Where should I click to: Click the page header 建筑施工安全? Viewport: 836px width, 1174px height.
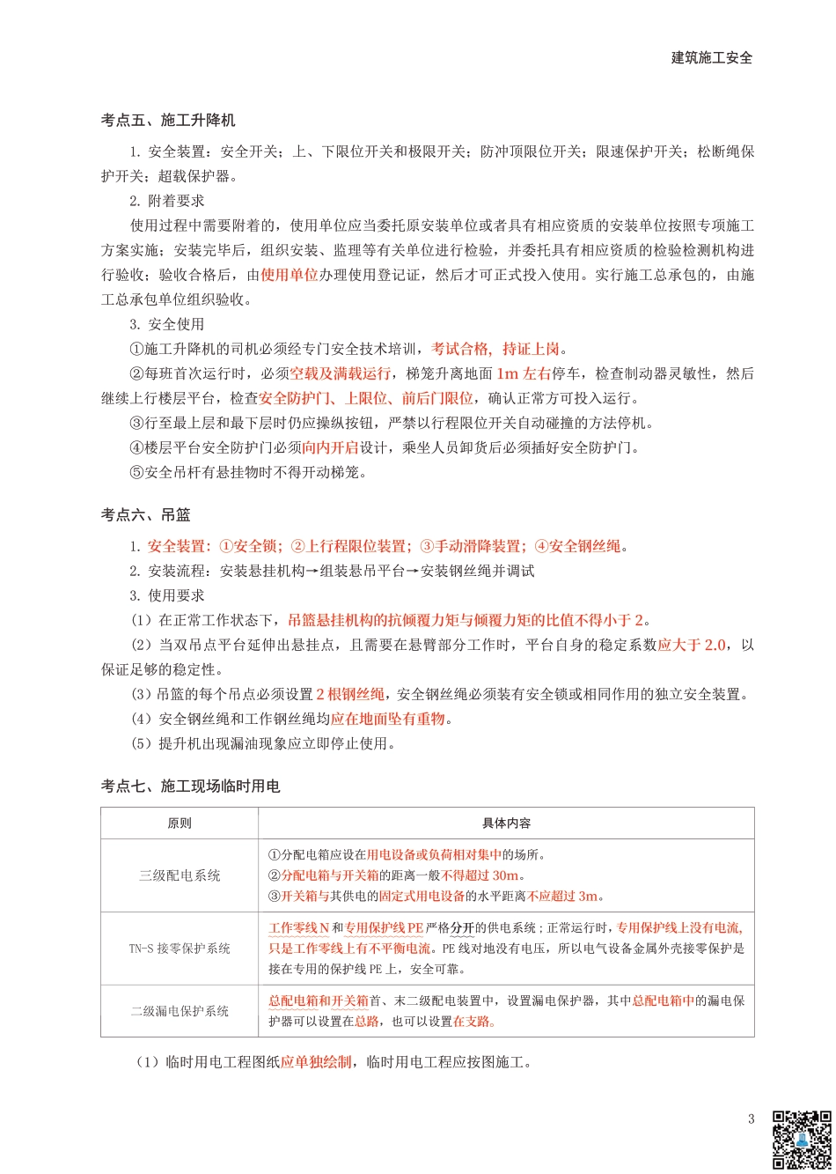click(x=711, y=58)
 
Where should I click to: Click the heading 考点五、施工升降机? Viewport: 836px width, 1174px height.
click(x=168, y=120)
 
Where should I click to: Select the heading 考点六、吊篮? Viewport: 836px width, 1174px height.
click(x=145, y=514)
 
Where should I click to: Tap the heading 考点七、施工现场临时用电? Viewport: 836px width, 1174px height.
click(x=190, y=786)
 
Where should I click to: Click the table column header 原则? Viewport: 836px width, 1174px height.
click(x=180, y=823)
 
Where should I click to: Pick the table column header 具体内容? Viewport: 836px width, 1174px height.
click(x=506, y=823)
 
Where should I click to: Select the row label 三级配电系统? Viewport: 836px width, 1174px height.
click(x=180, y=875)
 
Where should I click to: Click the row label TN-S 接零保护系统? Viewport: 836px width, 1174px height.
click(x=180, y=949)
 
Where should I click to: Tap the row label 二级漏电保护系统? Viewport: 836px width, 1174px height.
click(x=180, y=1011)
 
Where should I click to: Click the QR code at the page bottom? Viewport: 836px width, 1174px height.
click(x=802, y=1140)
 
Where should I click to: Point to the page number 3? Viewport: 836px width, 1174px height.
click(x=751, y=1119)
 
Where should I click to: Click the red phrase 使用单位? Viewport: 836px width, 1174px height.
click(x=290, y=275)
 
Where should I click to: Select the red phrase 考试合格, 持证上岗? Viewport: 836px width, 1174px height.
click(x=495, y=349)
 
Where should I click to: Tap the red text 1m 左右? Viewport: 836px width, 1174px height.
click(x=524, y=373)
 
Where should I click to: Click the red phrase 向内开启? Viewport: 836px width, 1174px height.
click(x=331, y=447)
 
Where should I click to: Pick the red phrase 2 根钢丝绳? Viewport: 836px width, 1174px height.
click(x=350, y=694)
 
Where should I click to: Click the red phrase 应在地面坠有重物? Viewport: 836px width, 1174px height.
click(x=388, y=719)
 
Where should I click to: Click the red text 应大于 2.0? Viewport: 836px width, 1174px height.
click(x=692, y=645)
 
